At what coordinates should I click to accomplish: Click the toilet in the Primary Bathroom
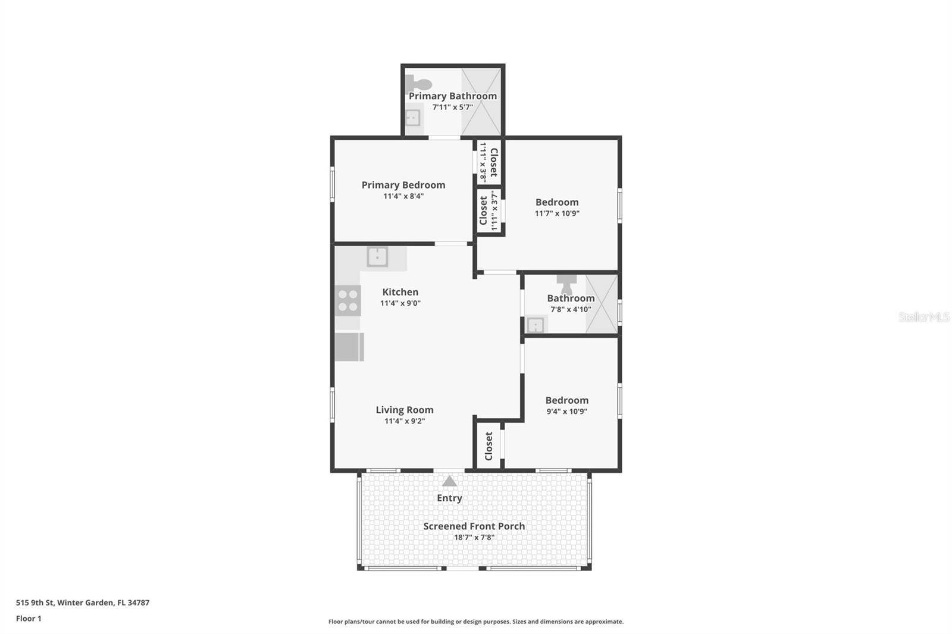(418, 84)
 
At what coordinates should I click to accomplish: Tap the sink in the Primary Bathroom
(413, 118)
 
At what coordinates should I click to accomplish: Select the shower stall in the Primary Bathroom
(481, 102)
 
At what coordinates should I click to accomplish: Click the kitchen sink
(378, 257)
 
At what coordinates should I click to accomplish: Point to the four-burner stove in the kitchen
(347, 300)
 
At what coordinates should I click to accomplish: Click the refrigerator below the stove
(349, 347)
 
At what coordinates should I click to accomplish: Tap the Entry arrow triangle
(449, 481)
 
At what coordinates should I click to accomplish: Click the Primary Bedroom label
(403, 185)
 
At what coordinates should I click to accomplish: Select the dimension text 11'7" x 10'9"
(557, 214)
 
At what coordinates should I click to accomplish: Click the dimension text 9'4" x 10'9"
(566, 412)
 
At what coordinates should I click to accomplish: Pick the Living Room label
(405, 410)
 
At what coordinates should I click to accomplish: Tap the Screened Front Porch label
(474, 526)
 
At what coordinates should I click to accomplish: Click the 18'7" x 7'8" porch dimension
(474, 538)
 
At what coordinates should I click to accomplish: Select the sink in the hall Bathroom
(535, 325)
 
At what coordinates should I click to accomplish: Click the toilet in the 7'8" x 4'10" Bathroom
(566, 284)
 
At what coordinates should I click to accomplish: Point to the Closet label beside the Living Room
(489, 446)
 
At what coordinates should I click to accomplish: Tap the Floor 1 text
(29, 619)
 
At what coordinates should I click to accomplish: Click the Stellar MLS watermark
(923, 317)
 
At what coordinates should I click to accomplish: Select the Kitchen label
(400, 292)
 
